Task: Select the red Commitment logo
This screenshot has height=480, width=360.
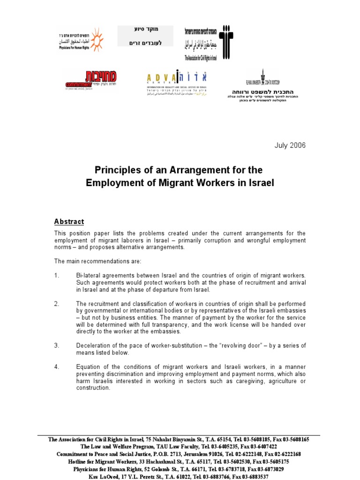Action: (x=91, y=79)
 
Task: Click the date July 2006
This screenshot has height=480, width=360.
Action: (x=290, y=145)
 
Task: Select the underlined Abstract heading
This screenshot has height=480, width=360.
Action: (x=69, y=222)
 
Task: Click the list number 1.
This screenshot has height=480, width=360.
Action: (x=57, y=275)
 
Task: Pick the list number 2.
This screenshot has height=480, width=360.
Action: (x=57, y=304)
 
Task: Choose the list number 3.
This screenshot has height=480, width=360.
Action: (x=57, y=345)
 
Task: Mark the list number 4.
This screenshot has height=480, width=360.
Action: (x=57, y=367)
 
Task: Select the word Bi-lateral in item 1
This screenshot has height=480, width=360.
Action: (x=92, y=275)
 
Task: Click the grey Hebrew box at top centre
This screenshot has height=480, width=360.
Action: (x=145, y=36)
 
